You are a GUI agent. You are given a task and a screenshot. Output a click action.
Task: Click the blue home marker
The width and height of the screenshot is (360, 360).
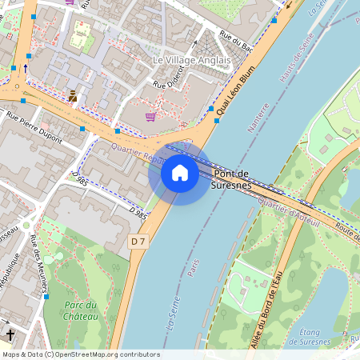[x=180, y=173]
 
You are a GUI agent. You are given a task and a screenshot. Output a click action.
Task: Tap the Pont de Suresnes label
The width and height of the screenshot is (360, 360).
[x=231, y=180]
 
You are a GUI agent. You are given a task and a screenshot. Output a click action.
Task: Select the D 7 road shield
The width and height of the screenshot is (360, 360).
[x=138, y=241]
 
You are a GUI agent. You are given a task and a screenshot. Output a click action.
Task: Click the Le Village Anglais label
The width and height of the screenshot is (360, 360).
[x=192, y=60]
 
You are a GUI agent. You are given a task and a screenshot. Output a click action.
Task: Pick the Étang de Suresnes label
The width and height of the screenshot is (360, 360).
[x=309, y=337]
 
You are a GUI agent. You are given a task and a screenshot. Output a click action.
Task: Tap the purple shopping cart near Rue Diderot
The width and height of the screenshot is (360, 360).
[x=150, y=117]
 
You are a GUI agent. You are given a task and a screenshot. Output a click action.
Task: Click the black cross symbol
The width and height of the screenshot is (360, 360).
[x=10, y=334]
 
